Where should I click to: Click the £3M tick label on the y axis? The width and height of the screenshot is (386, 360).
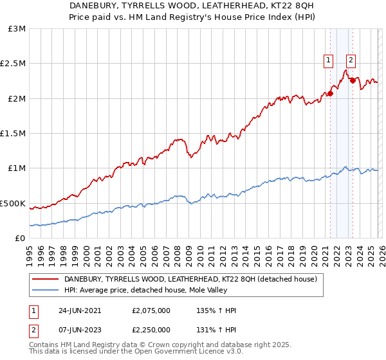coord(17,29)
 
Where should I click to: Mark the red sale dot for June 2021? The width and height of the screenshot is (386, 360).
coord(330,93)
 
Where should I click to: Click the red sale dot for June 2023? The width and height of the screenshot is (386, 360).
coord(353,81)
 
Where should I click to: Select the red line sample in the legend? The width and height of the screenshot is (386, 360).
coord(45,280)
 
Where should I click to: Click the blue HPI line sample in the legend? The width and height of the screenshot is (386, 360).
coord(45,291)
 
